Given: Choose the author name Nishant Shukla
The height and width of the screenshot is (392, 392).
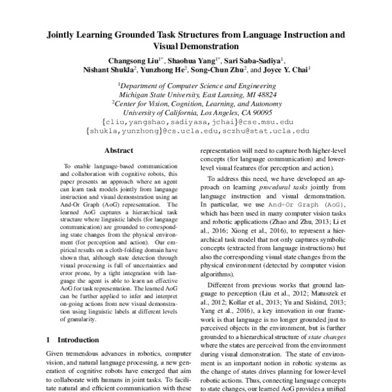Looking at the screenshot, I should [x=107, y=71].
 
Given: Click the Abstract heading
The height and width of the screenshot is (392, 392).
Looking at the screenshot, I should [x=119, y=150].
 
